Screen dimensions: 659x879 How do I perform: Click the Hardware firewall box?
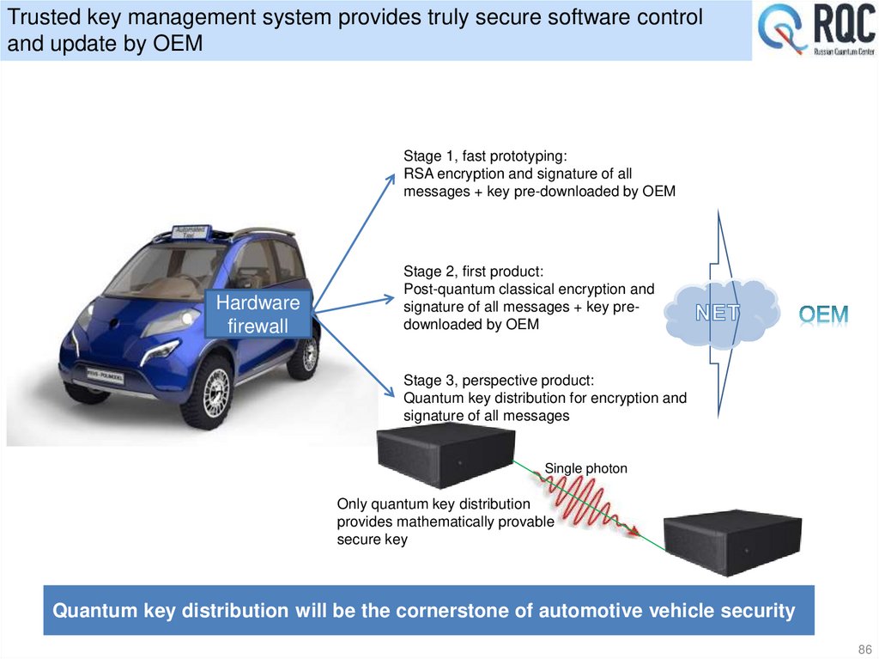pos(258,314)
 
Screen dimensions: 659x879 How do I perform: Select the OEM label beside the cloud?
pos(823,314)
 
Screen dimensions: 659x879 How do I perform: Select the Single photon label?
pos(585,468)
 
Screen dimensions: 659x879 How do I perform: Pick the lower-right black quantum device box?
pos(733,543)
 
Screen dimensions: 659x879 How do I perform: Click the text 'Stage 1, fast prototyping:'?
pos(485,156)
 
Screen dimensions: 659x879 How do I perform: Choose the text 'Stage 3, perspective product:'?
pos(498,381)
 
